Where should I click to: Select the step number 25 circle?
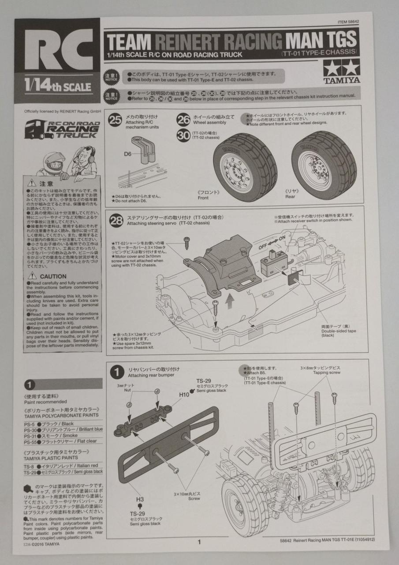point(116,121)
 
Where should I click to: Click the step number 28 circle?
point(116,220)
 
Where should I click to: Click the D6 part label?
point(128,154)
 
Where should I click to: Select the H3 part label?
point(140,499)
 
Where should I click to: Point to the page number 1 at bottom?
point(199,542)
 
